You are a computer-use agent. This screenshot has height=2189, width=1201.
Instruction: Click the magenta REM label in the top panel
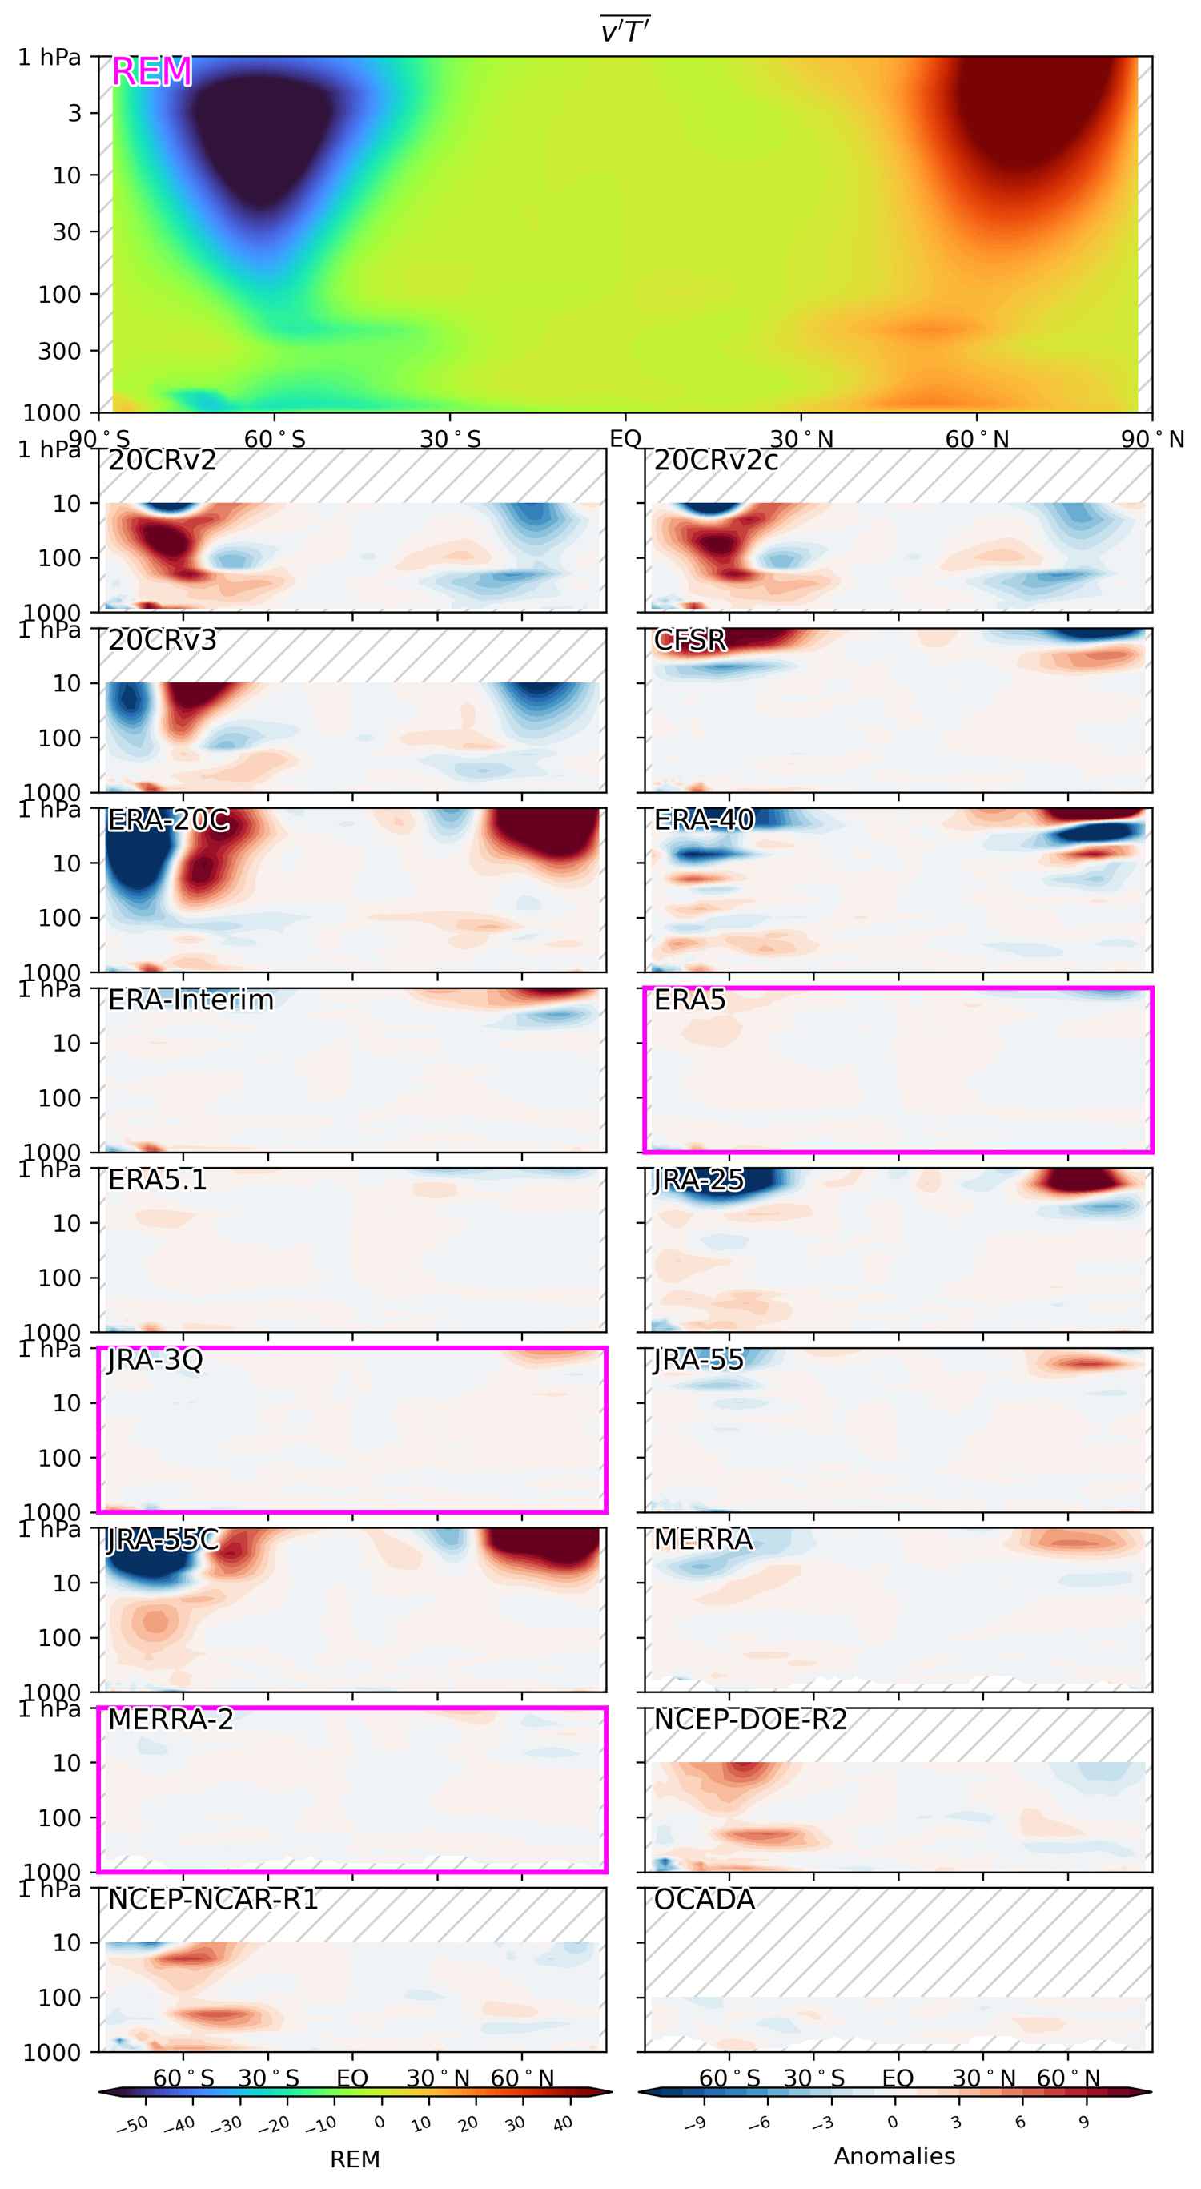tap(151, 72)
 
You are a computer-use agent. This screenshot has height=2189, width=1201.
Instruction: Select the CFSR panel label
tap(689, 640)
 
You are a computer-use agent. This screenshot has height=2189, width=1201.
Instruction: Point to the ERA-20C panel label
tap(168, 820)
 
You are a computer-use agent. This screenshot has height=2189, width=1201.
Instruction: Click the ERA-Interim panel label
tap(191, 1000)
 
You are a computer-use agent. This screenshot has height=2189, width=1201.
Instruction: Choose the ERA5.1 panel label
tap(157, 1181)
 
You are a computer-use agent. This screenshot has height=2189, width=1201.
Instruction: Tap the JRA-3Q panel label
tap(155, 1360)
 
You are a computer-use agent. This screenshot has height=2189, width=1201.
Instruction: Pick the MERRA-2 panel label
tap(170, 1720)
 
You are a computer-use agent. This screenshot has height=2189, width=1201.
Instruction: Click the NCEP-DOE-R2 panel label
tap(750, 1720)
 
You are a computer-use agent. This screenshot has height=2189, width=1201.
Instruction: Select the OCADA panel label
tap(704, 1900)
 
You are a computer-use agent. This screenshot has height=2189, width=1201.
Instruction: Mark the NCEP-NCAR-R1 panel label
tap(212, 1900)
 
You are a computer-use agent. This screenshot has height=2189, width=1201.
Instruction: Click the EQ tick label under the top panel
tap(625, 440)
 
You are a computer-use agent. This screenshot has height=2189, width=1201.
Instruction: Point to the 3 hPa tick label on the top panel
tap(74, 113)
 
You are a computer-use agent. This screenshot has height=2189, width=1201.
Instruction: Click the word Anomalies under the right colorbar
tap(894, 2156)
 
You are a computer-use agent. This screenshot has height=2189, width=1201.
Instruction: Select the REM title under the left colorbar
tap(354, 2159)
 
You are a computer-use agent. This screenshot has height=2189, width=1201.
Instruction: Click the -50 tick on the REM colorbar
tap(131, 2124)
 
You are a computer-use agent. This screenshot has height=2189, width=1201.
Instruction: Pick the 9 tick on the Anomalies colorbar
tap(1084, 2122)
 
